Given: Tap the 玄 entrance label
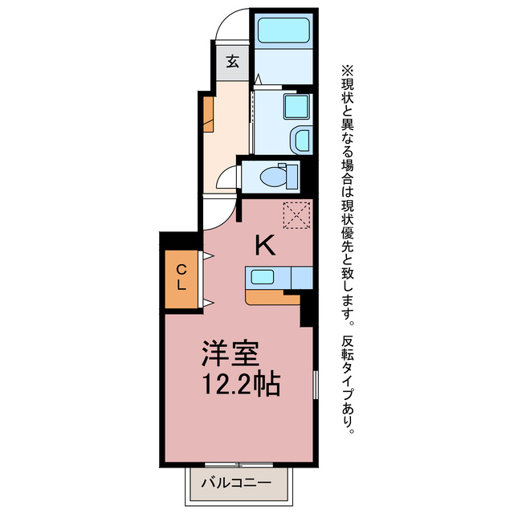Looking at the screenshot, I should pos(232,61).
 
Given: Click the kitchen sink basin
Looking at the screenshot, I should pos(263,277).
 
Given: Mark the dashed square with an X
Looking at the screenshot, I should pos(296,214).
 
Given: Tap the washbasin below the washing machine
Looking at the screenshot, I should pos(300,141).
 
